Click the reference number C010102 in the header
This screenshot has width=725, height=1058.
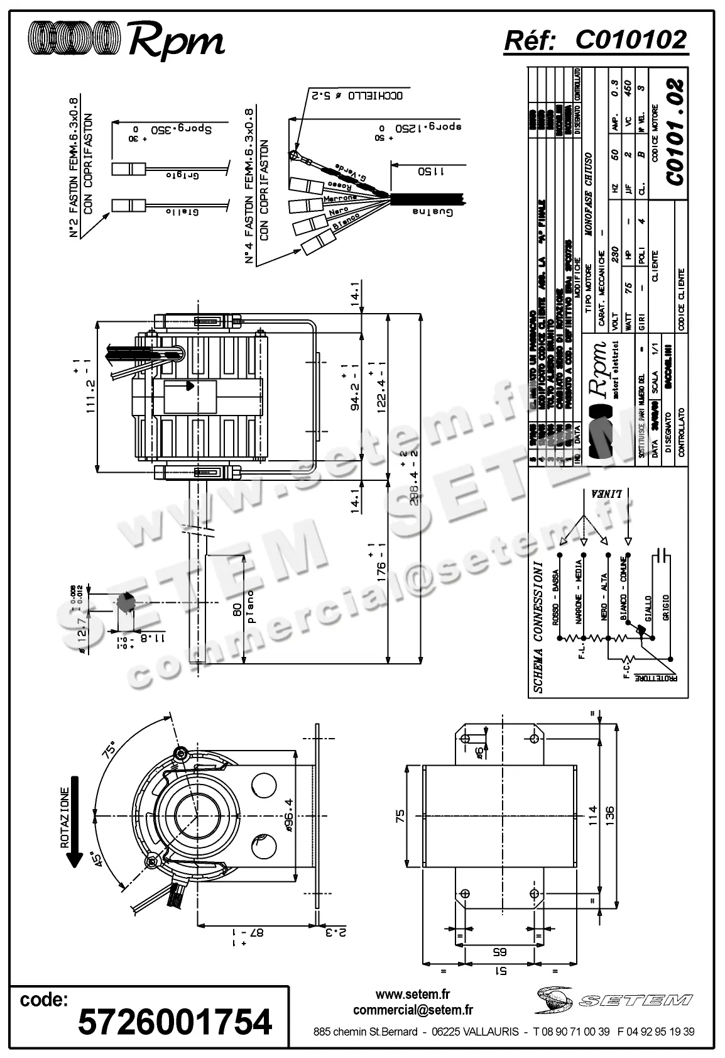(631, 40)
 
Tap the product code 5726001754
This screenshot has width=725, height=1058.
(175, 1021)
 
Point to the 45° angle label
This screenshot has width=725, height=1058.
(95, 858)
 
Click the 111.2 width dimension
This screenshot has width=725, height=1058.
(90, 384)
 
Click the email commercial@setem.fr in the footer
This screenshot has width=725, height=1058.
(413, 1010)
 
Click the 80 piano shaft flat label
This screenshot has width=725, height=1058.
(244, 607)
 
